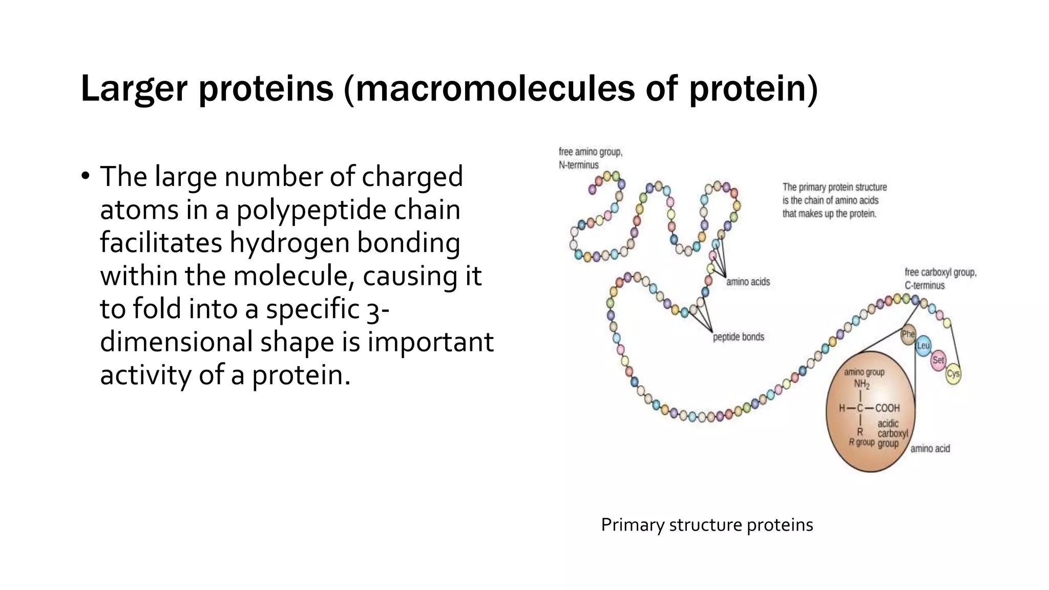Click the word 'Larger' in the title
pyautogui.click(x=134, y=89)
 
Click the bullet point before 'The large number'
pyautogui.click(x=85, y=176)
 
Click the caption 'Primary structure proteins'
pyautogui.click(x=707, y=525)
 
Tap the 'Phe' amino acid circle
pyautogui.click(x=908, y=334)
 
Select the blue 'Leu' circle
pyautogui.click(x=923, y=346)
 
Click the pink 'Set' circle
pyautogui.click(x=938, y=360)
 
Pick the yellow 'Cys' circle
pyautogui.click(x=953, y=374)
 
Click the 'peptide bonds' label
pyautogui.click(x=738, y=337)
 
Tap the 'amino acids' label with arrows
pyautogui.click(x=748, y=282)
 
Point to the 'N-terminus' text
pyautogui.click(x=579, y=165)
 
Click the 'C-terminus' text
pyautogui.click(x=925, y=286)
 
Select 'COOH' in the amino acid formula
pyautogui.click(x=887, y=408)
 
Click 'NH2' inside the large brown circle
pyautogui.click(x=861, y=384)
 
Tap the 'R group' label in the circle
pyautogui.click(x=862, y=442)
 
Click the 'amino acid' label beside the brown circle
pyautogui.click(x=930, y=449)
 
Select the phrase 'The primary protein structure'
pyautogui.click(x=834, y=187)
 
